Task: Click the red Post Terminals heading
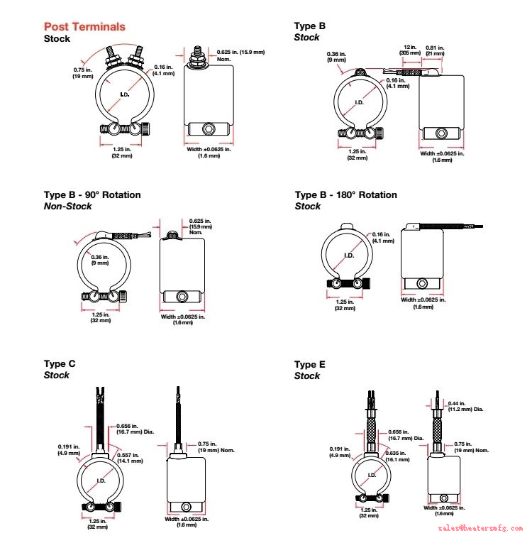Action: click(x=84, y=27)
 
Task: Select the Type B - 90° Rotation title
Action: click(x=92, y=194)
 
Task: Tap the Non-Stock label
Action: click(x=68, y=206)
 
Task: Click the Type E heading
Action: click(x=310, y=364)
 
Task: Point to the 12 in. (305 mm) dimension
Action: click(x=409, y=50)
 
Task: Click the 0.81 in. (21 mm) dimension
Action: click(x=434, y=50)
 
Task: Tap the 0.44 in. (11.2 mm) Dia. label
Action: click(x=465, y=407)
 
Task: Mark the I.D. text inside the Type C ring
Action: click(x=101, y=481)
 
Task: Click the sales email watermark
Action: click(x=480, y=528)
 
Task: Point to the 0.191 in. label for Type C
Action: click(x=70, y=449)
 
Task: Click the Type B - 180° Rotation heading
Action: click(x=346, y=194)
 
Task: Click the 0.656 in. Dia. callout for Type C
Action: click(x=134, y=428)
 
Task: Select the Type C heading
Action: click(x=60, y=364)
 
